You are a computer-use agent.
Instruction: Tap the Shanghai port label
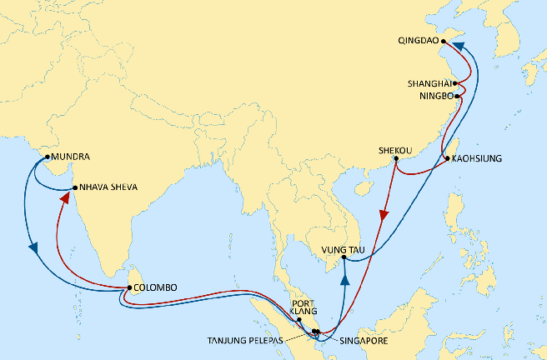[429, 83]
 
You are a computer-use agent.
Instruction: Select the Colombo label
[155, 287]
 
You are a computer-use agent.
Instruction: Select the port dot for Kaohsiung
[447, 158]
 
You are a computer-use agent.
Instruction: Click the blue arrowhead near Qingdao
[459, 49]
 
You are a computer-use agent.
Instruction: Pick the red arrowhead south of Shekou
[384, 215]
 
